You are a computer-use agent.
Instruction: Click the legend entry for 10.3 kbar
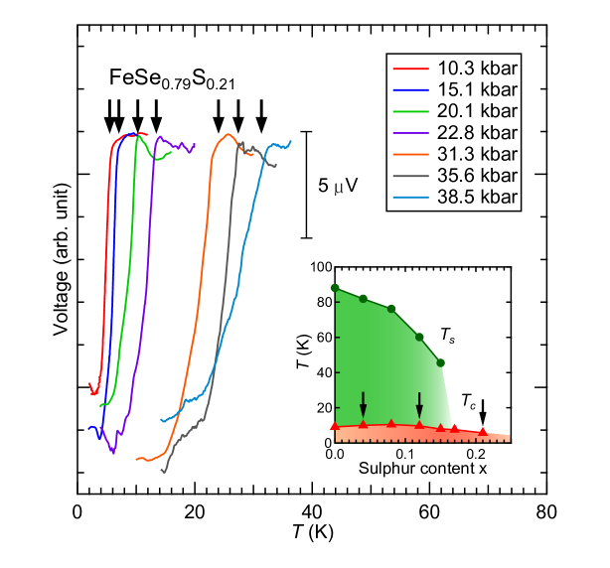click(x=453, y=69)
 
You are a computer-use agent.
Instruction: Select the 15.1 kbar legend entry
click(x=453, y=89)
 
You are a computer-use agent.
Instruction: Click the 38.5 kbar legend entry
click(x=453, y=197)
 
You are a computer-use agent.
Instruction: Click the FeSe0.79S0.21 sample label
click(x=173, y=79)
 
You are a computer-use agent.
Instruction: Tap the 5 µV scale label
click(x=339, y=186)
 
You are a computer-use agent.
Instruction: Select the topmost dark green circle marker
click(x=335, y=288)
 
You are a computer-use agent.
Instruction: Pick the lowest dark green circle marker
click(x=440, y=362)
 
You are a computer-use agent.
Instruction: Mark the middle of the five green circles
click(x=392, y=309)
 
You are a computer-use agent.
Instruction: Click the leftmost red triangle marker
click(x=335, y=425)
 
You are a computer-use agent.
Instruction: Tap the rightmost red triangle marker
click(x=483, y=431)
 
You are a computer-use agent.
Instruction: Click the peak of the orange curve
click(x=229, y=134)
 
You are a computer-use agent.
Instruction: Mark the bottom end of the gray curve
click(x=163, y=472)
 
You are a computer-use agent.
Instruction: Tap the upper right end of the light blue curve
click(x=290, y=140)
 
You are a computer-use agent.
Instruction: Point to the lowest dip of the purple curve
click(x=112, y=452)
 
